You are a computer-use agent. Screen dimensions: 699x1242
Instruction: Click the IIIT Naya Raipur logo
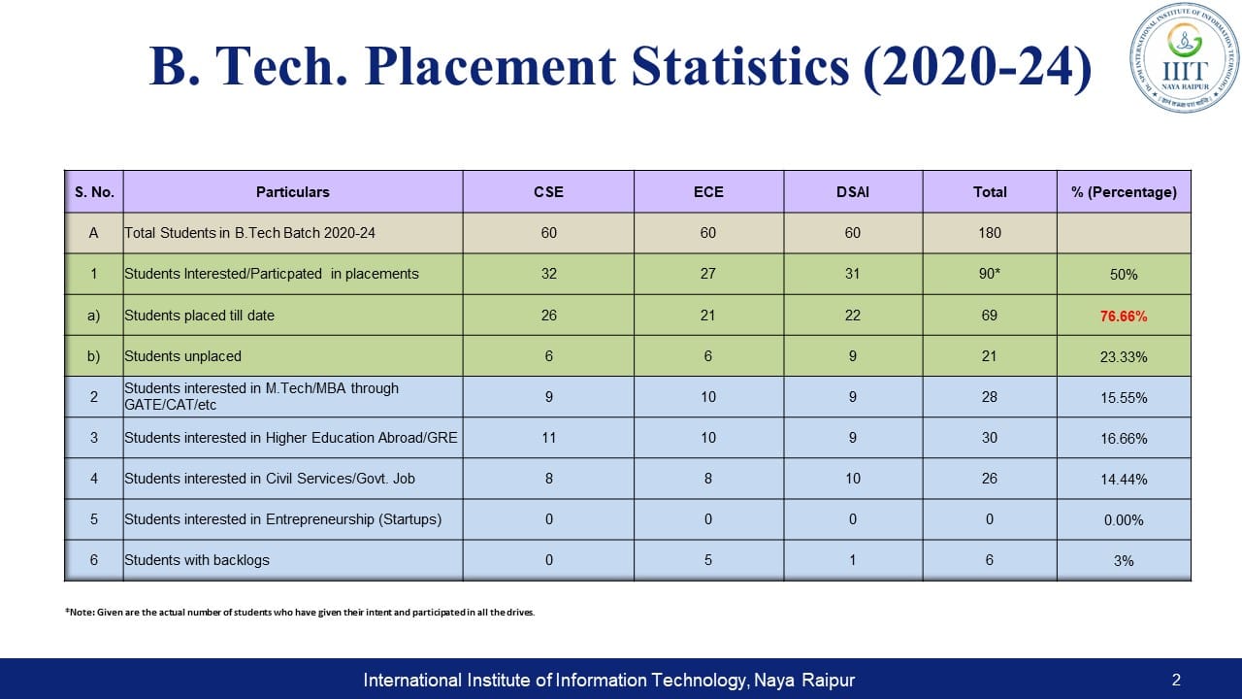tap(1184, 57)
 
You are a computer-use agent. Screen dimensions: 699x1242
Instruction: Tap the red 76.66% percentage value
tap(1124, 316)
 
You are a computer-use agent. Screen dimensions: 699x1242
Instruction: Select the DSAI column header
tap(852, 192)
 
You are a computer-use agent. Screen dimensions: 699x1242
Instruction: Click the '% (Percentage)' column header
tap(1124, 192)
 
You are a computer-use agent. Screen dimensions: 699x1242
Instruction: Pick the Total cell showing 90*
tap(989, 274)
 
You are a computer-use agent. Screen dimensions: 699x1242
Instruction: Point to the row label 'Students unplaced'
tap(182, 356)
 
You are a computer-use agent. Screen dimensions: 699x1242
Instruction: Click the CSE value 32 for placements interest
tap(548, 274)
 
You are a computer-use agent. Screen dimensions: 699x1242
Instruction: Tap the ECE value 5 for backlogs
tap(708, 560)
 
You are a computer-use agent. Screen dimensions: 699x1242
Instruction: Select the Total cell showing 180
tap(989, 233)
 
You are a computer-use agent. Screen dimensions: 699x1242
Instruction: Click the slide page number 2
tap(1176, 681)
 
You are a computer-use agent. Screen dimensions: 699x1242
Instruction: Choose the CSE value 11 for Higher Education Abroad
tap(548, 438)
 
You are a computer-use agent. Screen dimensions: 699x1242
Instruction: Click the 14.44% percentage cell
tap(1124, 479)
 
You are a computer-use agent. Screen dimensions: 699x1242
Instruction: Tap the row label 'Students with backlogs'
tap(197, 560)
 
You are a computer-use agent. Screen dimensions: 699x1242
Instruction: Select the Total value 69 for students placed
tap(989, 316)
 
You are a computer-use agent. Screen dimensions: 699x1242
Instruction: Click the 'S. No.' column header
tap(94, 192)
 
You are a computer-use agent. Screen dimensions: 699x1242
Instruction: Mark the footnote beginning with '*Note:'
tap(299, 613)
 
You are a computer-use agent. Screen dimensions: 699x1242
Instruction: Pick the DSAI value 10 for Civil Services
tap(852, 479)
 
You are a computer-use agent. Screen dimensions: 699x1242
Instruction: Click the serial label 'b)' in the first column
tap(94, 356)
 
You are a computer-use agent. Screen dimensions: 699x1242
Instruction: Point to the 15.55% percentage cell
tap(1124, 397)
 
